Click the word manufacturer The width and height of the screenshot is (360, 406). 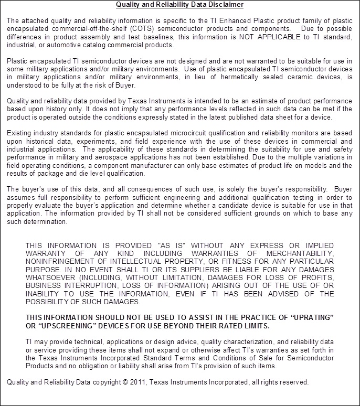(155, 166)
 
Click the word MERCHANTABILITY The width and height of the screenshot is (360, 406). (300, 254)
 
